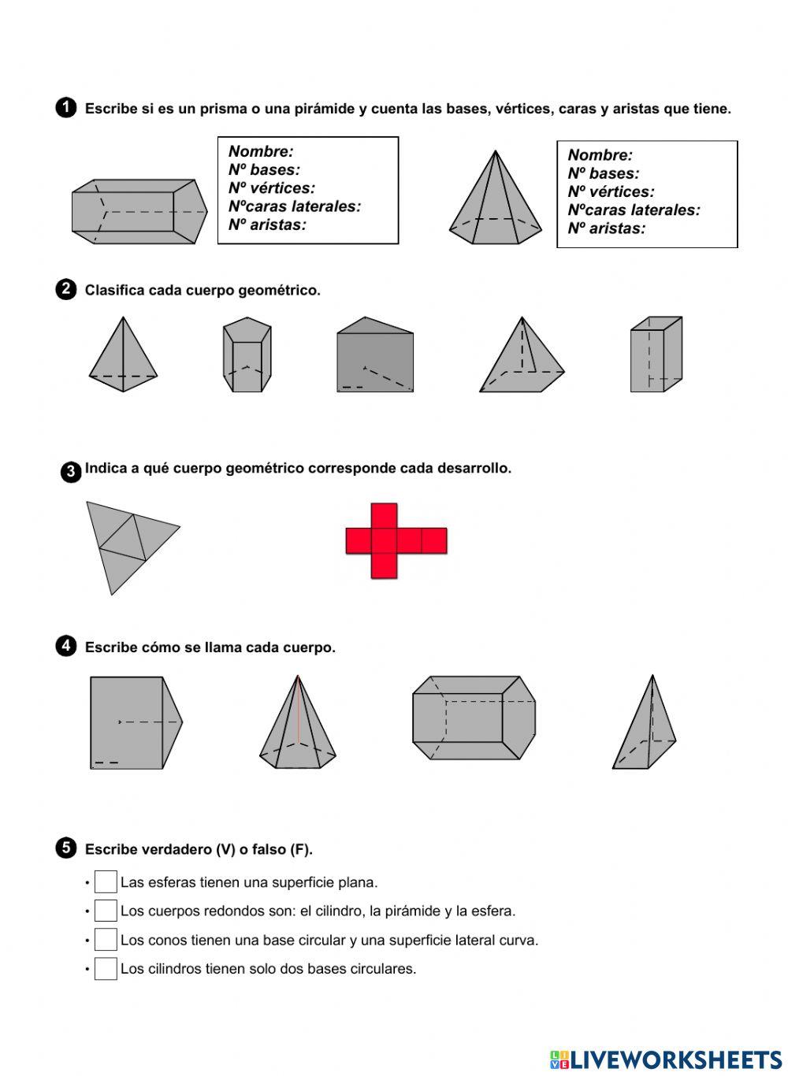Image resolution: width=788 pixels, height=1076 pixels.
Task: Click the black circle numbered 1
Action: [x=66, y=108]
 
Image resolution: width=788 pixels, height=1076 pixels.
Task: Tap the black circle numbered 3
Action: [x=70, y=472]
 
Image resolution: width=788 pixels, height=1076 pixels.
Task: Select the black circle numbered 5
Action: [x=66, y=848]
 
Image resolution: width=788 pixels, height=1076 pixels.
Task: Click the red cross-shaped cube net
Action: [x=396, y=541]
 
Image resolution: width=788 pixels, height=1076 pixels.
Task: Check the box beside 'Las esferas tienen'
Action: [x=106, y=882]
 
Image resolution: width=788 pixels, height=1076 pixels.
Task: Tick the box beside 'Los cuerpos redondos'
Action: [x=106, y=911]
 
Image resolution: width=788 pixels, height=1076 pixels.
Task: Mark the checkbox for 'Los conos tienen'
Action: [x=106, y=940]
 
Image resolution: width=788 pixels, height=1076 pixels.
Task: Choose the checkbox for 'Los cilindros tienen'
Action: [x=106, y=969]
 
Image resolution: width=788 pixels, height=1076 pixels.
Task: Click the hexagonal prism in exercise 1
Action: [x=139, y=211]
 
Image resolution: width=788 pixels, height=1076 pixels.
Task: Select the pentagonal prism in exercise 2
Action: [x=247, y=355]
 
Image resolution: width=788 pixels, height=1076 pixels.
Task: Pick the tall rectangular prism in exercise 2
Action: [x=656, y=354]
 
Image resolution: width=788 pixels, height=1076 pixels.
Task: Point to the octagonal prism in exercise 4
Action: [x=474, y=718]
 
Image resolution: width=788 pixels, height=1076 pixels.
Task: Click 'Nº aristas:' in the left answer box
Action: [x=267, y=224]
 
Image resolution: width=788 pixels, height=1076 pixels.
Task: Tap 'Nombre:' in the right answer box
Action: [x=600, y=155]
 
